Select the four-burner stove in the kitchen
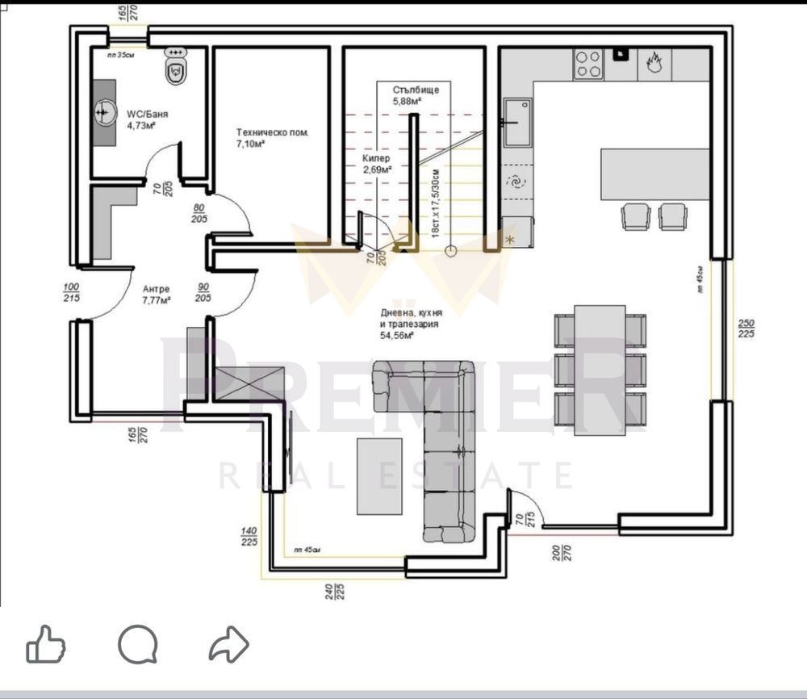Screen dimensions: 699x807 [x=588, y=64]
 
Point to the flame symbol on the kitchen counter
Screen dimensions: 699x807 [x=654, y=64]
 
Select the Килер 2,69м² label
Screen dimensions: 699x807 [x=376, y=165]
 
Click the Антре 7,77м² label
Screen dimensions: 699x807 [x=157, y=295]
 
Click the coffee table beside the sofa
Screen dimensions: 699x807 [x=379, y=475]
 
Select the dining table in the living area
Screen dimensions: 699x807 [x=600, y=370]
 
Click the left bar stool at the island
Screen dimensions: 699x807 [x=636, y=216]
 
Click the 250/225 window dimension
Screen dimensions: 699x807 [x=746, y=329]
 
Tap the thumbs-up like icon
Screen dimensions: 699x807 [x=46, y=645]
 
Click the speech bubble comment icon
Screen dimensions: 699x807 [x=137, y=645]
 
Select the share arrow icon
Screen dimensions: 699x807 [x=228, y=645]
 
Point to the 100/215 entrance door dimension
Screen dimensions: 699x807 [x=72, y=292]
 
